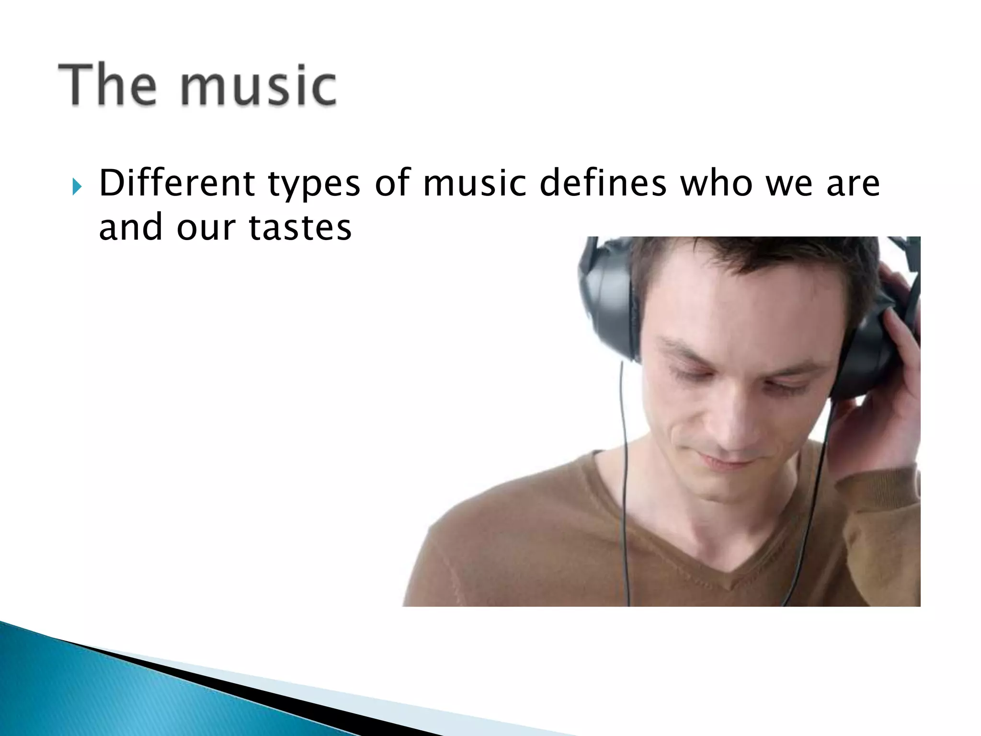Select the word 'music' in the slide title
(258, 87)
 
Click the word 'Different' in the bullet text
(177, 184)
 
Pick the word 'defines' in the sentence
(603, 184)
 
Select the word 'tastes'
(300, 228)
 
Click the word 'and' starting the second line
(130, 228)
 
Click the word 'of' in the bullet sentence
(393, 184)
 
